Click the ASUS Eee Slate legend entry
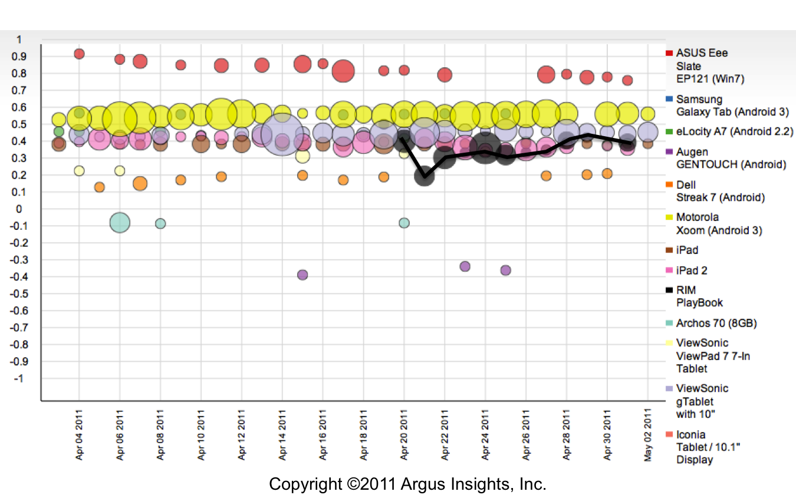pos(702,65)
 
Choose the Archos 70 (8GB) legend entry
pos(716,323)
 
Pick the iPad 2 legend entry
pos(692,271)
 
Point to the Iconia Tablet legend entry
pos(708,447)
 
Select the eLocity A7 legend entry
pos(734,131)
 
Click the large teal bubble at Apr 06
pos(120,223)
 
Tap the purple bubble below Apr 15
pos(302,275)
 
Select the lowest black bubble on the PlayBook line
pos(425,176)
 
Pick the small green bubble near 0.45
pos(59,131)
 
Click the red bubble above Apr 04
pos(79,54)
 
